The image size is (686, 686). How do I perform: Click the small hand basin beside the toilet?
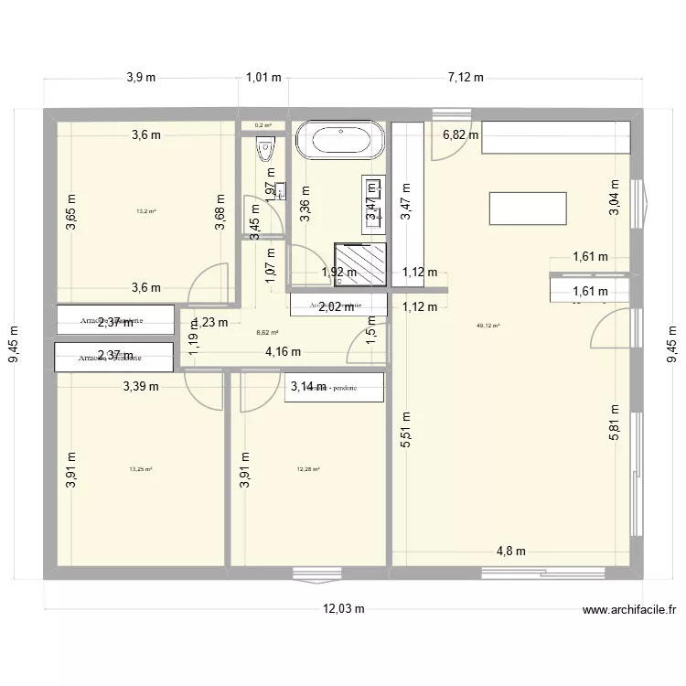[280, 191]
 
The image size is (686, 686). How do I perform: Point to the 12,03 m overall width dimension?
[343, 609]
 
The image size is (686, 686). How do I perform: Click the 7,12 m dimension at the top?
[466, 78]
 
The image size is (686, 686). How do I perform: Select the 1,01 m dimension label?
[263, 78]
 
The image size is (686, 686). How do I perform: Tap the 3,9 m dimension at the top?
[141, 78]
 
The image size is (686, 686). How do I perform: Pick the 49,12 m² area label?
[488, 325]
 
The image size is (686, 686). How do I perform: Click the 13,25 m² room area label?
[141, 469]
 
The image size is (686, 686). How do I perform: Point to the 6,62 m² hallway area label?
[267, 334]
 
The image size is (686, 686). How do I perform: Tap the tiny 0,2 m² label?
[263, 126]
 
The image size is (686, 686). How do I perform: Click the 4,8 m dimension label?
[511, 551]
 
